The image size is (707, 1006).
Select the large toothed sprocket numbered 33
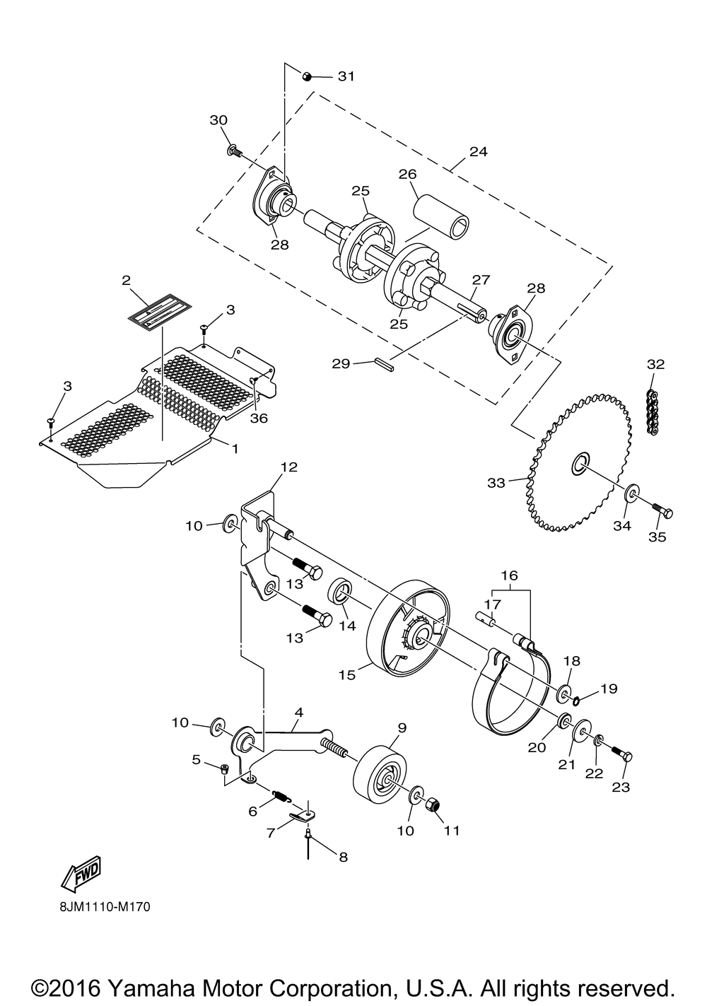pyautogui.click(x=580, y=462)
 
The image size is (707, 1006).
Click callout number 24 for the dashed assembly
pyautogui.click(x=479, y=151)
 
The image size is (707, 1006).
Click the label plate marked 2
pyautogui.click(x=160, y=310)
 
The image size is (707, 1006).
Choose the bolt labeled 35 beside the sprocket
pyautogui.click(x=662, y=511)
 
